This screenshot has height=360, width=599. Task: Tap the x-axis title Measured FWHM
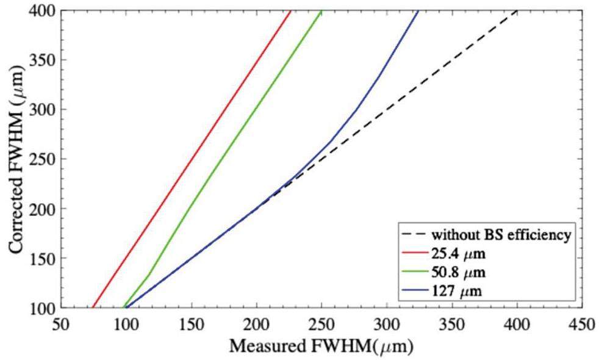coord(321,346)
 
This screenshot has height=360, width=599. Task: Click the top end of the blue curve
coord(418,12)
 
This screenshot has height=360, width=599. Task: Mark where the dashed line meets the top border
coord(517,11)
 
